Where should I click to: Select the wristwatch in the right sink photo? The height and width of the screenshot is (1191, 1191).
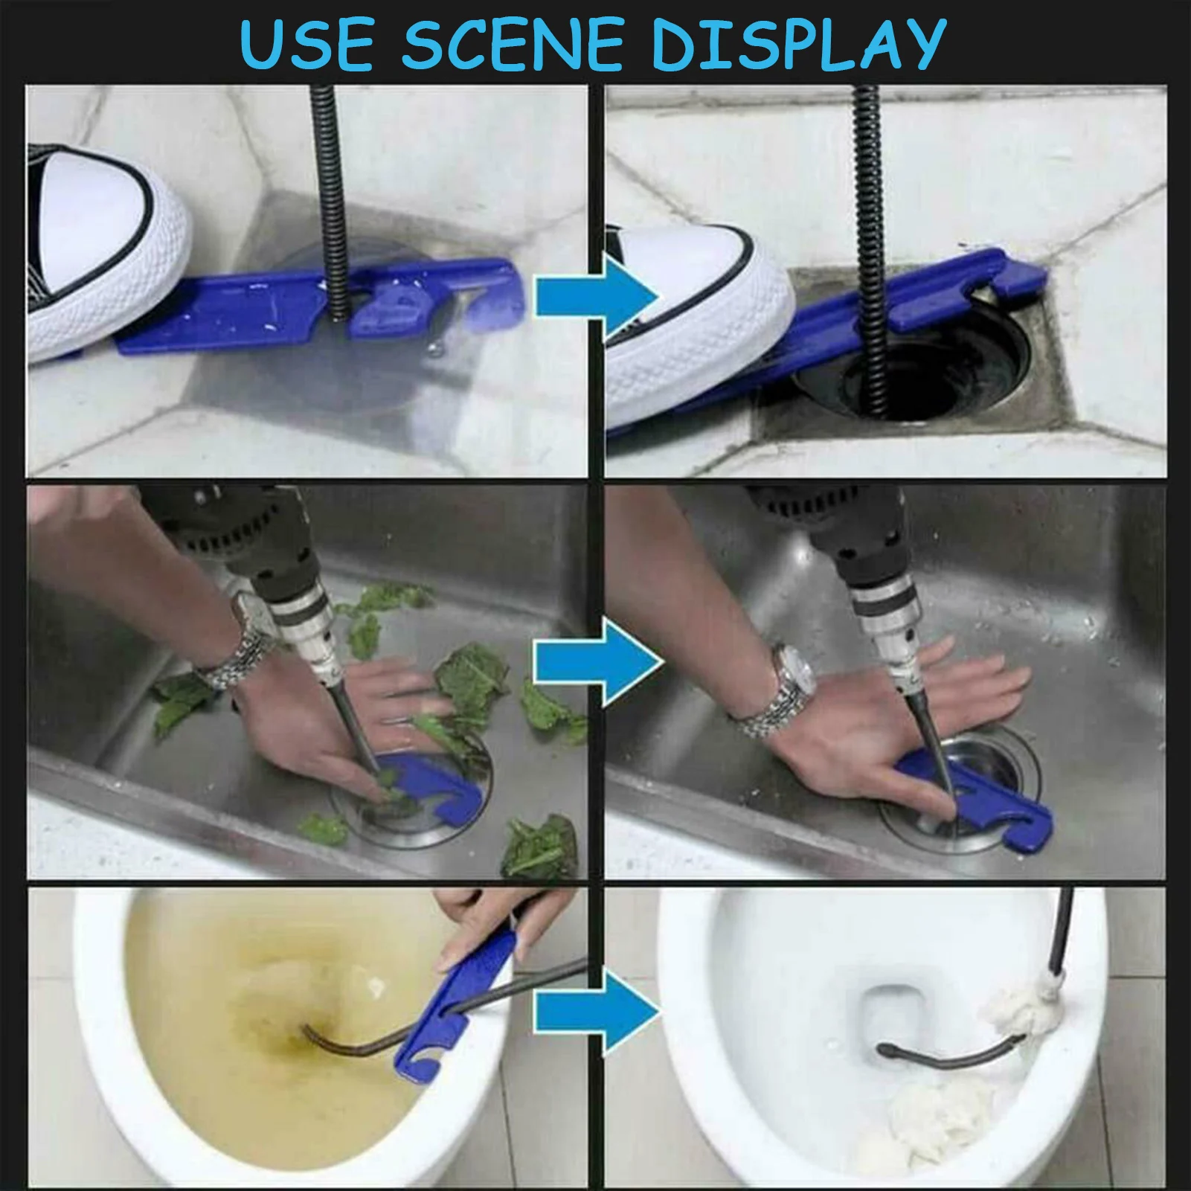pos(777,688)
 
